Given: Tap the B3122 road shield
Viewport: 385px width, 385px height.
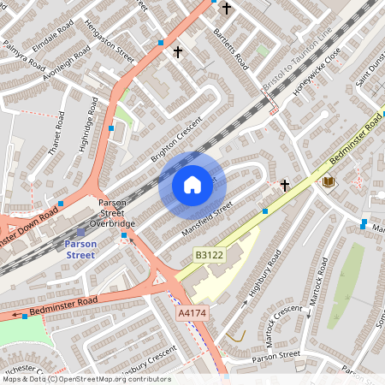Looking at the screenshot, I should (x=209, y=255).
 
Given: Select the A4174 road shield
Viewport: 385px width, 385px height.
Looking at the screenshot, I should (x=191, y=314).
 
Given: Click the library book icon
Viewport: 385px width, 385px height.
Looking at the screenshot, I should (x=329, y=181).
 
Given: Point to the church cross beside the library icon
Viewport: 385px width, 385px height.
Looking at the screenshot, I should (x=285, y=184).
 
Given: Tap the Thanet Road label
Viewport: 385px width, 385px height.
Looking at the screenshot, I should (x=58, y=133).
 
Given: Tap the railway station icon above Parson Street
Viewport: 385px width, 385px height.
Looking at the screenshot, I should (x=81, y=231).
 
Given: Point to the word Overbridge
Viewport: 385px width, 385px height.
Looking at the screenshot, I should (x=114, y=223).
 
